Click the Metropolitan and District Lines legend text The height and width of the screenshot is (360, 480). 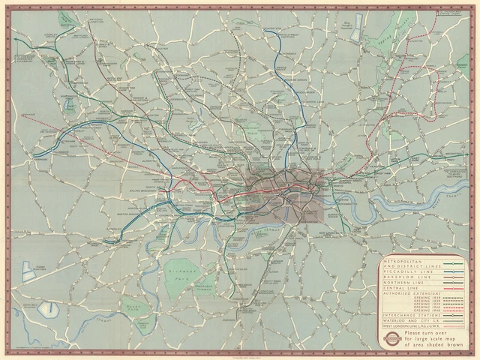(405, 265)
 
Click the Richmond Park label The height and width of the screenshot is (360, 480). (182, 267)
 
